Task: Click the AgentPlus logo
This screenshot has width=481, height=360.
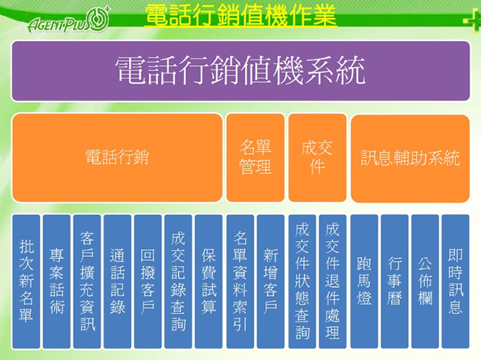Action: coord(69,20)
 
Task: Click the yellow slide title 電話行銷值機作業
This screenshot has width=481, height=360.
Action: coord(240,15)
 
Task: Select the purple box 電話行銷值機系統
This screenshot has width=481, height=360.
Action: coord(240,71)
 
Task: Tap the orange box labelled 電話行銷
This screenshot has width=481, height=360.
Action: coord(118,157)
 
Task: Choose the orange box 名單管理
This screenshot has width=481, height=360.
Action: coord(255,157)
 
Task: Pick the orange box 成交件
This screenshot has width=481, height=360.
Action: coord(317,157)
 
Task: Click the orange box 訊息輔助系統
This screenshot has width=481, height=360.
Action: coord(410,159)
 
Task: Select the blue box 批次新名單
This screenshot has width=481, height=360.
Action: coord(26,282)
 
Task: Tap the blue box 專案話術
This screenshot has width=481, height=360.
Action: coord(57,282)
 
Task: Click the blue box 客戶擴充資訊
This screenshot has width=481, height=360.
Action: coord(87,282)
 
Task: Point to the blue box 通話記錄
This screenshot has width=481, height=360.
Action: coord(118,282)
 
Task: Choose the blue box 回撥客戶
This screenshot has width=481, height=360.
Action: coord(148,282)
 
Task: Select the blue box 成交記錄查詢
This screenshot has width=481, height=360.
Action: coord(178,282)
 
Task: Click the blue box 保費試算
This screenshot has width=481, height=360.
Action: coord(209,282)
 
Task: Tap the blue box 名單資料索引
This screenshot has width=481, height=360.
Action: coord(240,282)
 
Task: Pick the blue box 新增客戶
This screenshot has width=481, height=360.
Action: coord(271,282)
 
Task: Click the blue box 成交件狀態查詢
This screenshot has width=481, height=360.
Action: coord(302,282)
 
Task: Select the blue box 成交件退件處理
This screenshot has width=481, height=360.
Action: coord(333,282)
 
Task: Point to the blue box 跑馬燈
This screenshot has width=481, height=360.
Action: coord(364,282)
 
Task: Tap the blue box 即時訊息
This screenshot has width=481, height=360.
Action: coord(456,282)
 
